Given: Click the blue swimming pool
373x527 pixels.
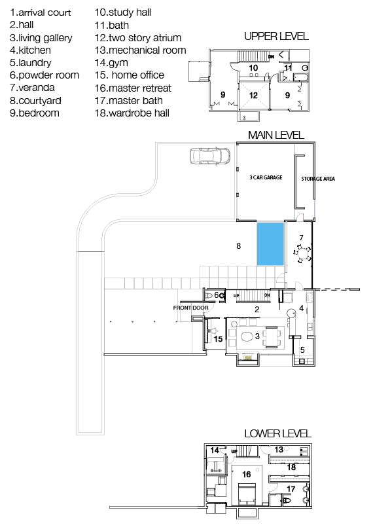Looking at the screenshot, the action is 270,244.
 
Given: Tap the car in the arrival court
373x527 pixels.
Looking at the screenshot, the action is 210,156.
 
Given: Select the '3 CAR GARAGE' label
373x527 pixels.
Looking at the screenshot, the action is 266,177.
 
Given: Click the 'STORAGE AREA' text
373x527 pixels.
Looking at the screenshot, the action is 318,179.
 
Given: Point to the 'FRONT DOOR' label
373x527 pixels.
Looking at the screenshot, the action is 190,308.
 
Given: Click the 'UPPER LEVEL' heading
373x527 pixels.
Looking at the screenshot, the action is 276,36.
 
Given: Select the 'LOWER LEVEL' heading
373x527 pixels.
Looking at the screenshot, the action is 278,433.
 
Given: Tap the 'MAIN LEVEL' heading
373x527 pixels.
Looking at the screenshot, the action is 276,135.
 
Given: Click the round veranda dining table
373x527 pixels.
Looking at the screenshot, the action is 303,253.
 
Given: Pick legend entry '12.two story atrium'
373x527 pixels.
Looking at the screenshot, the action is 138,38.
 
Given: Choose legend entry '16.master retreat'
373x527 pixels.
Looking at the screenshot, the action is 133,88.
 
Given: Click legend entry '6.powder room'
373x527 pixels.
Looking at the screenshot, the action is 44,75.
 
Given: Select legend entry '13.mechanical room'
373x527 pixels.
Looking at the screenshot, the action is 140,50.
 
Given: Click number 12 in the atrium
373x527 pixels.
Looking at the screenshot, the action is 253,95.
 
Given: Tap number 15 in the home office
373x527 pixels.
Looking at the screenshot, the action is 218,339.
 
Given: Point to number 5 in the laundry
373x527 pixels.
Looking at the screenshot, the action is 302,350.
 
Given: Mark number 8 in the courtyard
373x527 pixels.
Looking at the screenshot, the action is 239,246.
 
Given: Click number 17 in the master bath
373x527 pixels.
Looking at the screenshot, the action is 291,488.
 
